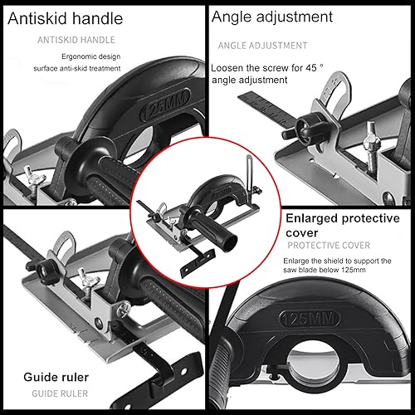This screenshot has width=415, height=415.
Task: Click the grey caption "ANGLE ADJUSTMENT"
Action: pos(263,46)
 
